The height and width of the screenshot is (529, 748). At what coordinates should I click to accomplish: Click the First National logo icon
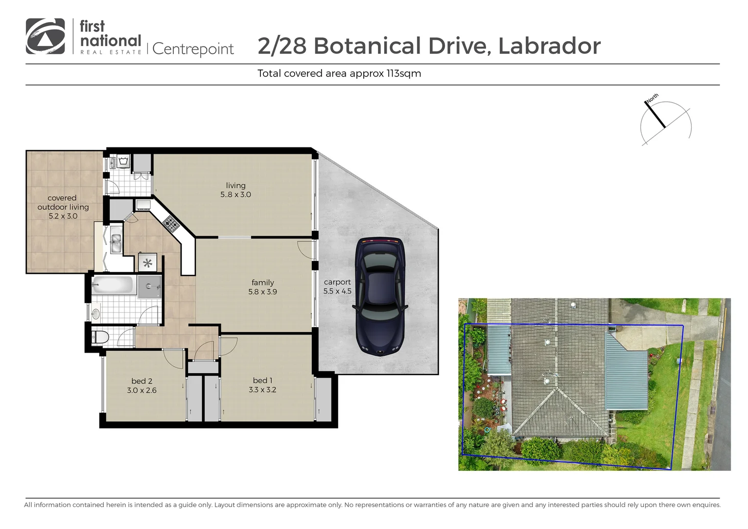click(45, 36)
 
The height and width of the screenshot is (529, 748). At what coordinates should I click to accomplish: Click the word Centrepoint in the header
click(193, 49)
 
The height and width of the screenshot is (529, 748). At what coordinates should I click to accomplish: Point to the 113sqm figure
click(404, 73)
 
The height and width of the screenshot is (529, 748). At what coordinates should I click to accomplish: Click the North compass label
click(652, 97)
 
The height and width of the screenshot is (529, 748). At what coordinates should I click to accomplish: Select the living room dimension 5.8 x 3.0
click(235, 194)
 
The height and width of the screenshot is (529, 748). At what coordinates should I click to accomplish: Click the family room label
click(262, 283)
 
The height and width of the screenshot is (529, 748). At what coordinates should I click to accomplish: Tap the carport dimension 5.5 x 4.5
click(337, 291)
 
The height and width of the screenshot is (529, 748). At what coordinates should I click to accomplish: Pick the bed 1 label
click(262, 380)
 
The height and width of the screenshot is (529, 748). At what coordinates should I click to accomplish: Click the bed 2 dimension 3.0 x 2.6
click(141, 390)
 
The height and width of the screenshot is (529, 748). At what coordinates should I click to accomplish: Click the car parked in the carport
click(380, 296)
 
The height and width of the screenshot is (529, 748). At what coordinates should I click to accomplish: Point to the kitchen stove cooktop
click(171, 224)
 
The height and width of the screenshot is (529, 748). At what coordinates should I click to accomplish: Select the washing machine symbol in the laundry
click(123, 162)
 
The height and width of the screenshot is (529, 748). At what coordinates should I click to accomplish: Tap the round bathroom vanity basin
click(96, 313)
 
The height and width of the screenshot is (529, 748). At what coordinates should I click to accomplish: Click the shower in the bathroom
click(149, 287)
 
